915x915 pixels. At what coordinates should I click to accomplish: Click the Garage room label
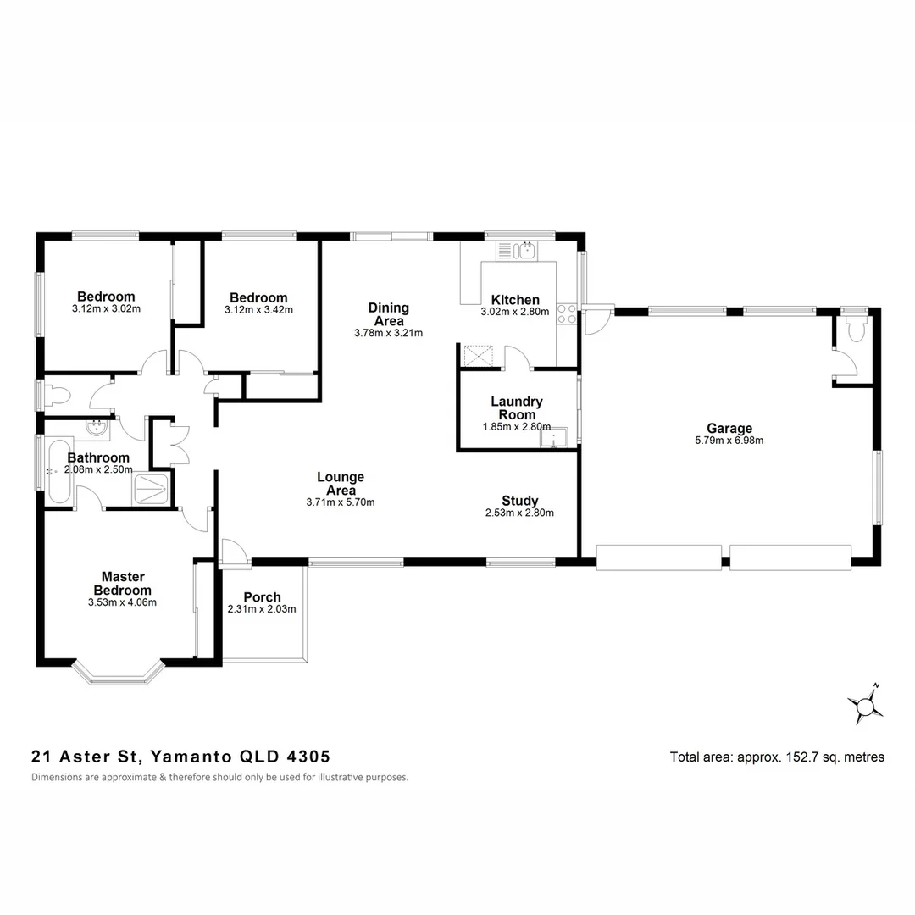click(729, 429)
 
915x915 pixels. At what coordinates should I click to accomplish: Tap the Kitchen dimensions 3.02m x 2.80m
click(515, 312)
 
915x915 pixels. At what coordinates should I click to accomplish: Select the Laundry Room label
click(517, 408)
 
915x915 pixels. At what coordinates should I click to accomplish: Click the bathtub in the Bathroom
click(59, 470)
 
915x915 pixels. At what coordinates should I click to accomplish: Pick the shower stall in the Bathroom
click(153, 490)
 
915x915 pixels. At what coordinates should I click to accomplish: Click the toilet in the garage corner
click(853, 326)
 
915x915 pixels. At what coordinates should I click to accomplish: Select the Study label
click(519, 501)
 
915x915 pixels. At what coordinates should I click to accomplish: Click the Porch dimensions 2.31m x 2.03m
click(262, 609)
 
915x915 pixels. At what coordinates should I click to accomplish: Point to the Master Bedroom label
click(122, 584)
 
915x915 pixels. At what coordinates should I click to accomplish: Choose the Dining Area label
click(388, 314)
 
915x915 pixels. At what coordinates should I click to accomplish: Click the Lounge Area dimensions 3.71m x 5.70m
click(341, 502)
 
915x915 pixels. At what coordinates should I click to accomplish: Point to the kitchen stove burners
click(567, 313)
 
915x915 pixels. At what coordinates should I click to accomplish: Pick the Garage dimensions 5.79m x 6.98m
click(729, 441)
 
